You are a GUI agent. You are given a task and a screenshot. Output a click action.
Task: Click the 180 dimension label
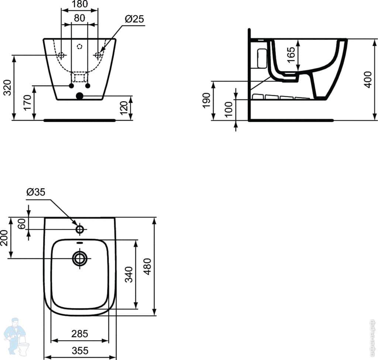(x=80, y=4)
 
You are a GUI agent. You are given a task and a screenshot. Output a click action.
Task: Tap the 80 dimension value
(x=80, y=18)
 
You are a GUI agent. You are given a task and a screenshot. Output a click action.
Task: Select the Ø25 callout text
(x=134, y=19)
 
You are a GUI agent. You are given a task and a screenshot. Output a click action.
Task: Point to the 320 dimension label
(x=8, y=88)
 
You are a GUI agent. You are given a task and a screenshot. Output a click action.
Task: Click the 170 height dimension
(x=27, y=103)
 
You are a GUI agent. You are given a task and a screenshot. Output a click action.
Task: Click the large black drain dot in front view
(x=80, y=96)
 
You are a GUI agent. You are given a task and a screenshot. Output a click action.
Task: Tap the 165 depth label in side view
(x=291, y=55)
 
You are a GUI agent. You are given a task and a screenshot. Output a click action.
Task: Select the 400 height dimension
(x=368, y=80)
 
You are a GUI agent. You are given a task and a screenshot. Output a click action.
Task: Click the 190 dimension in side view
(x=207, y=100)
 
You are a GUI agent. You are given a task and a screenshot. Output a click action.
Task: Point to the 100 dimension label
(x=229, y=109)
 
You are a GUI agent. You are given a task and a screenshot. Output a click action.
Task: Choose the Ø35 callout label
(x=36, y=192)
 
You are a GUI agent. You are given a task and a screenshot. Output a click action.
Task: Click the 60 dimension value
(x=22, y=224)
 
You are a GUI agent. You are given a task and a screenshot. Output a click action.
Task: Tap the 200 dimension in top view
(x=4, y=238)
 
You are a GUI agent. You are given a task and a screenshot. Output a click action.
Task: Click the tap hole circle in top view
(x=80, y=229)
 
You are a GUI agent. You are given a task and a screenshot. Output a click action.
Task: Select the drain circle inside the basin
(x=80, y=258)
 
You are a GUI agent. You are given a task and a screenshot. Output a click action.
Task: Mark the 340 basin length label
(x=129, y=274)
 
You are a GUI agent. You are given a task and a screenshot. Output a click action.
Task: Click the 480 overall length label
(x=147, y=267)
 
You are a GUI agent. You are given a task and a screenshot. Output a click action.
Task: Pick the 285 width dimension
(x=80, y=334)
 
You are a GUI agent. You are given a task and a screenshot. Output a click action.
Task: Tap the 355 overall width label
(x=80, y=351)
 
